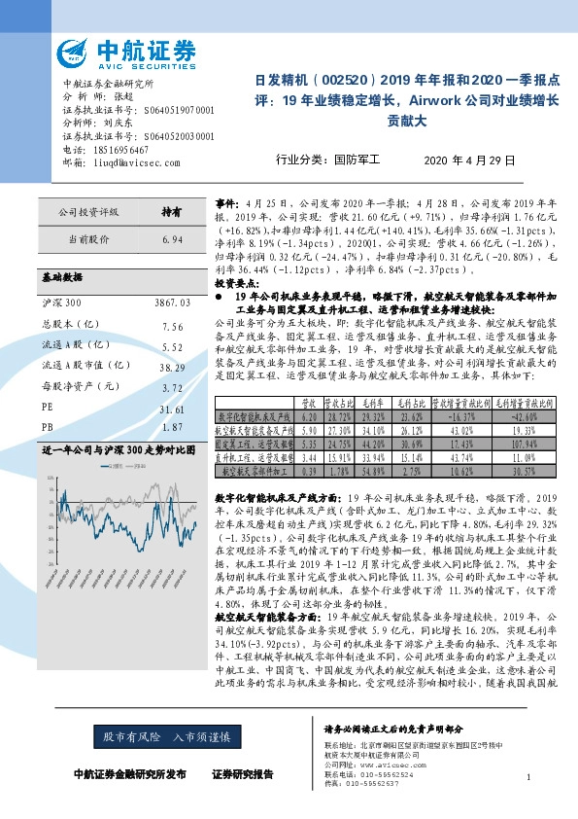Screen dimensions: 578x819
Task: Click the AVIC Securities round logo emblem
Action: (x=74, y=51)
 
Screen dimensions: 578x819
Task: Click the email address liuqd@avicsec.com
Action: (x=137, y=162)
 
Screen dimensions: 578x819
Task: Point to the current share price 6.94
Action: (x=173, y=237)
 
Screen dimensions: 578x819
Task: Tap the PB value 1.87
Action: (x=173, y=427)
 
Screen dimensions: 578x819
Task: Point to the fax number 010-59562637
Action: (x=378, y=783)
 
